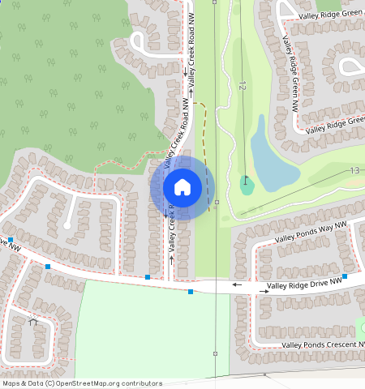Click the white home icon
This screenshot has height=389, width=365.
(182, 187)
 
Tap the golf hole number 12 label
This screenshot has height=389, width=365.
(242, 84)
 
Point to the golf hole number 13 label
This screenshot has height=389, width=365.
(354, 170)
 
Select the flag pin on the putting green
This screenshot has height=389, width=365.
(245, 180)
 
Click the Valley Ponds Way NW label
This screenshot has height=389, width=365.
(311, 233)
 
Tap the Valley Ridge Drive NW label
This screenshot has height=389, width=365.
(305, 286)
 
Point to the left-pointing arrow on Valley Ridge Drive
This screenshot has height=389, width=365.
(238, 284)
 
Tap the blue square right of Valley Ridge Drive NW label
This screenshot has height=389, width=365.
(345, 276)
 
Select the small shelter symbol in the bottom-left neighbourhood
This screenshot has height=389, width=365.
(33, 323)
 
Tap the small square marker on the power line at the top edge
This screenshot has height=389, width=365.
(214, 2)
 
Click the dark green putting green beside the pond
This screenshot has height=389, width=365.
(247, 186)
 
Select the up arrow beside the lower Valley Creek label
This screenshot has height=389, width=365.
(172, 259)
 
